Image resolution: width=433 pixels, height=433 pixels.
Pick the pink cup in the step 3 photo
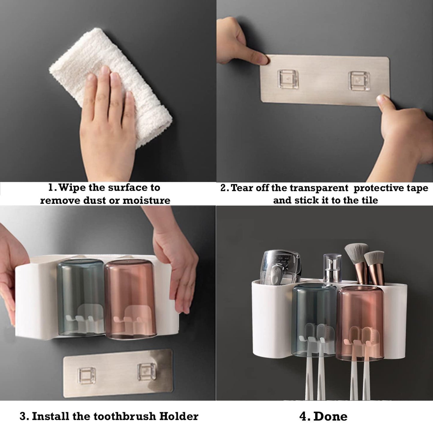click(131, 298)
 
